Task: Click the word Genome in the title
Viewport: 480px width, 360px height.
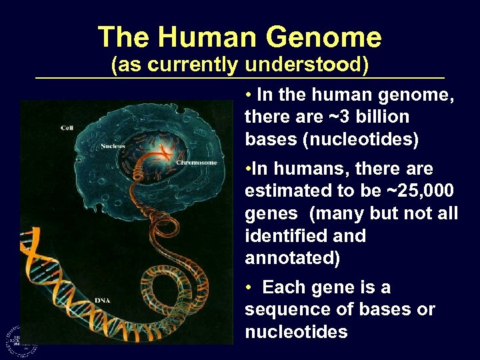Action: point(326,37)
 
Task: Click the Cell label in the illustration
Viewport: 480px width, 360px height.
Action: point(67,128)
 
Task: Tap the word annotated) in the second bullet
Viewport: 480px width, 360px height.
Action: point(292,258)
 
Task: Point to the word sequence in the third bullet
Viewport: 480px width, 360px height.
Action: point(283,310)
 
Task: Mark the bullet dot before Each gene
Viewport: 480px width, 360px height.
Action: point(248,288)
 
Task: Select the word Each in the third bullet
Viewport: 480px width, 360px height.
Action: point(282,288)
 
